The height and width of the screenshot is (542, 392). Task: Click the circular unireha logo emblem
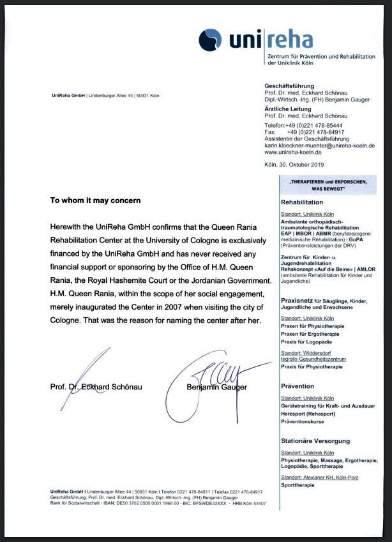[209, 40]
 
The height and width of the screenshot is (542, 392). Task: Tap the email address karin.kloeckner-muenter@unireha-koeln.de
[319, 146]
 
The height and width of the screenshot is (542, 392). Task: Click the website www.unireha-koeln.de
[292, 152]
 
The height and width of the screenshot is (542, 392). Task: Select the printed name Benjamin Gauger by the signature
[216, 387]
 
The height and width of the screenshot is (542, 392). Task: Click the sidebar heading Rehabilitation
[302, 202]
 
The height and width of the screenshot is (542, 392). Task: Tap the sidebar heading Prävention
[298, 386]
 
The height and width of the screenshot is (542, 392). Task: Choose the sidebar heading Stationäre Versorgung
[315, 441]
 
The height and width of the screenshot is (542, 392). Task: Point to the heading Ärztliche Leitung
[289, 109]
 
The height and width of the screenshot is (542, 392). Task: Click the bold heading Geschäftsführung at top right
[289, 86]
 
